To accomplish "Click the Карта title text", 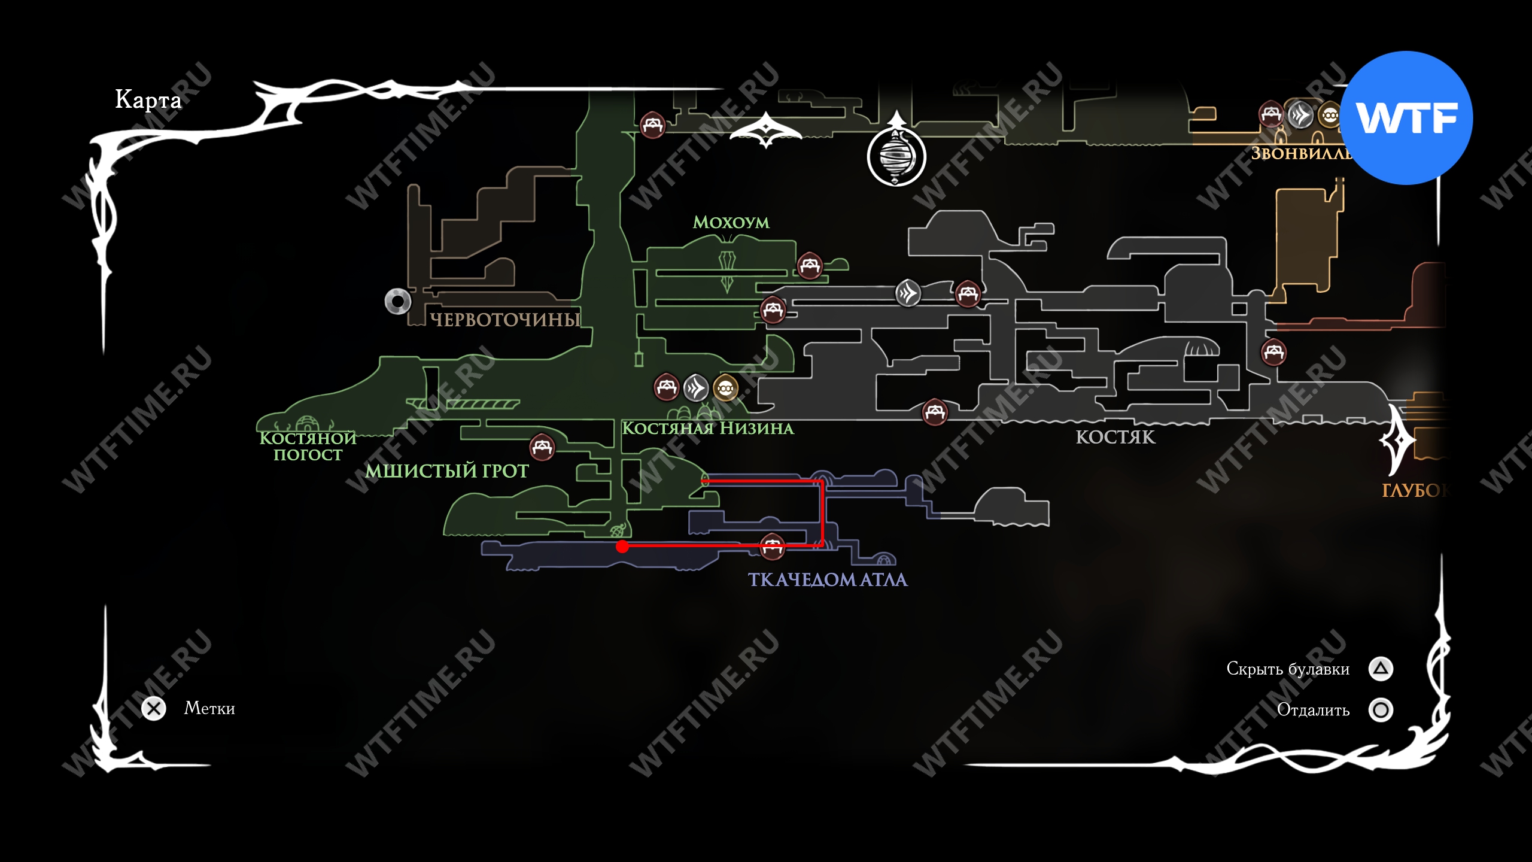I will (x=148, y=99).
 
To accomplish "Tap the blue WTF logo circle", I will (x=1406, y=118).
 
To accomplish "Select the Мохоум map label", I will (x=731, y=223).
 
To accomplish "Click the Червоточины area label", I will (x=505, y=320).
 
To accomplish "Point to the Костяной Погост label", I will (x=308, y=447).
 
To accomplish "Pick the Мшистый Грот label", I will (x=447, y=471).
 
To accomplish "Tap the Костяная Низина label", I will (x=708, y=429).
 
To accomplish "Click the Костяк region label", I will (x=1115, y=438).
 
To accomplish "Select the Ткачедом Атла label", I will (x=828, y=579).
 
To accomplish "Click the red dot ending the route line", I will (x=622, y=546).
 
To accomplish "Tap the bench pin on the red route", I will (x=772, y=546).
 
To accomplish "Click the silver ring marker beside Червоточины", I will (x=398, y=301).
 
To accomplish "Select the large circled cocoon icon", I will (x=896, y=157).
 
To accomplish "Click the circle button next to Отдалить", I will (x=1381, y=710).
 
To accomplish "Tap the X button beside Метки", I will (x=154, y=709).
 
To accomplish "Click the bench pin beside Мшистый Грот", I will (x=542, y=447).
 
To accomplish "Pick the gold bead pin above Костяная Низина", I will (x=725, y=388).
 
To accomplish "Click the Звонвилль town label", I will (x=1300, y=154).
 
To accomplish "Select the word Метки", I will (x=209, y=709).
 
